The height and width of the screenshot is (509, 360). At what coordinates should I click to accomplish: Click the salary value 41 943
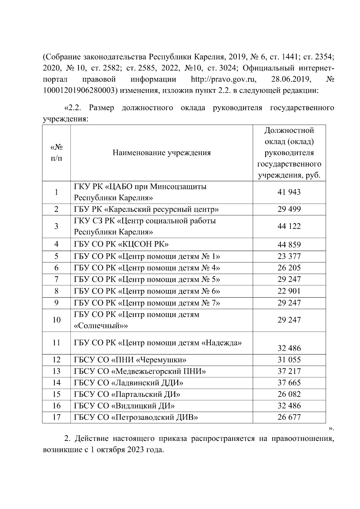tap(289, 192)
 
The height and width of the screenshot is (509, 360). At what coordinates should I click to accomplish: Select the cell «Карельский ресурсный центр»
tap(146, 209)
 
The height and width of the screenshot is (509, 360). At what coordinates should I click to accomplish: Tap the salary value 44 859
tap(289, 245)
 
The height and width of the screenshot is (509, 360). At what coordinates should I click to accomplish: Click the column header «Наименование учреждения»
tap(162, 153)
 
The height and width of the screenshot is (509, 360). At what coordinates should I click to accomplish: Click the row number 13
tap(56, 371)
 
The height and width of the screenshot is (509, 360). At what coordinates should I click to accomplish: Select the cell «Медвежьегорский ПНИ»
tap(140, 371)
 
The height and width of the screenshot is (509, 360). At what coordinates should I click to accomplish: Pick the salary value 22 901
tap(289, 291)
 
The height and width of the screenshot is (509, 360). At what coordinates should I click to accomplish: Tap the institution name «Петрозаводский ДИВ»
tap(136, 417)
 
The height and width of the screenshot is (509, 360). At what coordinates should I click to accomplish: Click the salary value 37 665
tap(289, 383)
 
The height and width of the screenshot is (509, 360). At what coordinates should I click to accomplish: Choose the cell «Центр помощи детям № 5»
tap(147, 280)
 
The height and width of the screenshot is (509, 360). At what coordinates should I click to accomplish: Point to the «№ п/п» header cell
tap(56, 153)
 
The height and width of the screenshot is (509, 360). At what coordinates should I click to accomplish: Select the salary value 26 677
tap(289, 417)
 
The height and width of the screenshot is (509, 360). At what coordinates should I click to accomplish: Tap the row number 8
tap(56, 291)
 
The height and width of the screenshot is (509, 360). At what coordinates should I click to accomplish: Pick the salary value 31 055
tap(289, 360)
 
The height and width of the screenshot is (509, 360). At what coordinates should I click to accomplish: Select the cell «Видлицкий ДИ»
tap(124, 406)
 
